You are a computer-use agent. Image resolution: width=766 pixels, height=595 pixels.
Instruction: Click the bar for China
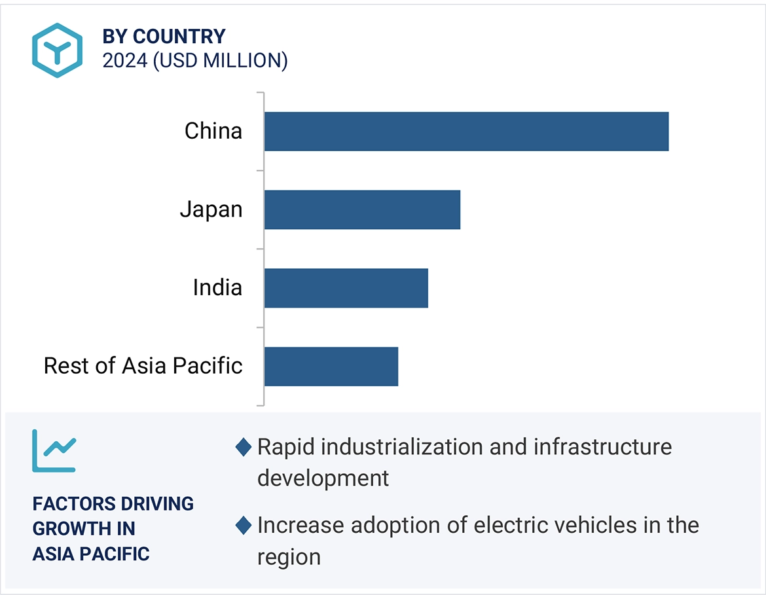pyautogui.click(x=466, y=132)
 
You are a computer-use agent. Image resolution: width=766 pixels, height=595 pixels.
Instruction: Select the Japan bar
pyautogui.click(x=362, y=209)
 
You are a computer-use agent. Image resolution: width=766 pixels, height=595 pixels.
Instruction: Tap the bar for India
pyautogui.click(x=346, y=288)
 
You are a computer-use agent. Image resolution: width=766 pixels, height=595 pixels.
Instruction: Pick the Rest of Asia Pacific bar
pyautogui.click(x=331, y=366)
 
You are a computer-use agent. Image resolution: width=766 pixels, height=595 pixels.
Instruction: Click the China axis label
pyautogui.click(x=213, y=131)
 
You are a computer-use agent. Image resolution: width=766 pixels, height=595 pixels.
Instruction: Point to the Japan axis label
pyautogui.click(x=211, y=209)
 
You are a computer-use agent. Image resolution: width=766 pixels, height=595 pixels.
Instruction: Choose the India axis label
pyautogui.click(x=217, y=287)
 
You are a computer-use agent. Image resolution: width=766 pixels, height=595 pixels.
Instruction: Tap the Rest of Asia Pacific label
pyautogui.click(x=143, y=365)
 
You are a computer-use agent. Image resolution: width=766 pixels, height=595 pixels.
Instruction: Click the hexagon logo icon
pyautogui.click(x=58, y=50)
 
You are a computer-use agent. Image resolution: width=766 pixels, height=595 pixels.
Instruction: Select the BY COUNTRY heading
pyautogui.click(x=164, y=36)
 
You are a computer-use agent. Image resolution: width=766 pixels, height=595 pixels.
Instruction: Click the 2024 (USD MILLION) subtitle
pyautogui.click(x=195, y=61)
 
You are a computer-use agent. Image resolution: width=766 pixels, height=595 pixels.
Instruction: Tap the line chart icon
pyautogui.click(x=54, y=451)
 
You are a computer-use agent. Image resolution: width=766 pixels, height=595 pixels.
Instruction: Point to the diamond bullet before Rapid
pyautogui.click(x=243, y=448)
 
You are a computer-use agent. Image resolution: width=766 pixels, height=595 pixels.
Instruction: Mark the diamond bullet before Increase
pyautogui.click(x=243, y=526)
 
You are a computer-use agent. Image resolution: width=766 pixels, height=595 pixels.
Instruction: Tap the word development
pyautogui.click(x=323, y=478)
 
